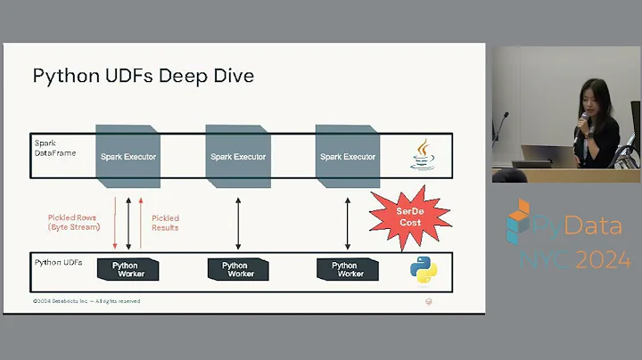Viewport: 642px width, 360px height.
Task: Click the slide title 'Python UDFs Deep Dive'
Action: coord(143,76)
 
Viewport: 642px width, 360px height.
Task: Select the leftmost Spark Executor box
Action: coord(128,156)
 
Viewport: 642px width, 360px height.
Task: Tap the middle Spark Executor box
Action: coord(237,156)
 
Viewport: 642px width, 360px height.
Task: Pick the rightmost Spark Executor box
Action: coord(347,156)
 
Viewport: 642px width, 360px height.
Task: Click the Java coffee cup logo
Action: coord(423,154)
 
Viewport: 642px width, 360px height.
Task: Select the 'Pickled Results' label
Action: coord(165,222)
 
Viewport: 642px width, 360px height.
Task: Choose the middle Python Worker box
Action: coord(237,269)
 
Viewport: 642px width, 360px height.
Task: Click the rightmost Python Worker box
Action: coord(346,269)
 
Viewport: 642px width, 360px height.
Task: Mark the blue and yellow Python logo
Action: coord(423,269)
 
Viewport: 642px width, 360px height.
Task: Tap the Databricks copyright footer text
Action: coord(86,301)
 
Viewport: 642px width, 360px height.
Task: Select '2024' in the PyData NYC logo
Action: coord(604,260)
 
